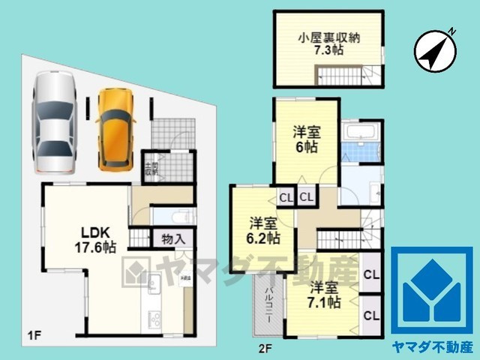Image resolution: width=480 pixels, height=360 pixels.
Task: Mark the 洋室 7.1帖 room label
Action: click(325, 295)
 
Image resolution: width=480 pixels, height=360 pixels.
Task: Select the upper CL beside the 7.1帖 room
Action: click(371, 274)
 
